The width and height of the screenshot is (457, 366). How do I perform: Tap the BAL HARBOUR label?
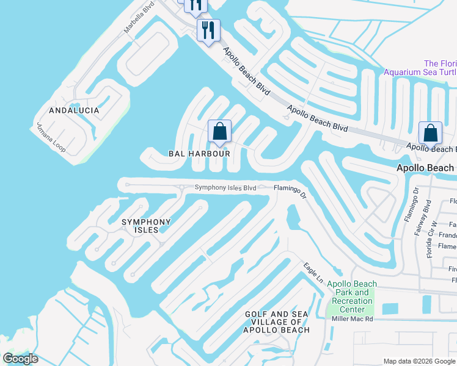(x=199, y=154)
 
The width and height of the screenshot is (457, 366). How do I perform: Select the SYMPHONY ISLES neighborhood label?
(x=146, y=226)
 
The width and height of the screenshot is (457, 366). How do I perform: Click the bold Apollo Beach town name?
(x=425, y=168)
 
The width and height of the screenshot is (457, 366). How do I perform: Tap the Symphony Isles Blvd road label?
(x=225, y=188)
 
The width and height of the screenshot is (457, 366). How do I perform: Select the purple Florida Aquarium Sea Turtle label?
(x=420, y=68)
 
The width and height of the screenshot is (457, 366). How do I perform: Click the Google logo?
(x=20, y=359)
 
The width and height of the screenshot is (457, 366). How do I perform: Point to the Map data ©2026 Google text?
(x=419, y=361)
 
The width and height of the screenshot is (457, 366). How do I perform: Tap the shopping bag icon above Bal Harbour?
(x=219, y=131)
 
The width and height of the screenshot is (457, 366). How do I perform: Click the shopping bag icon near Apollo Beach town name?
(x=430, y=134)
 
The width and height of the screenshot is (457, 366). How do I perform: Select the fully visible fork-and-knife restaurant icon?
(x=208, y=30)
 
